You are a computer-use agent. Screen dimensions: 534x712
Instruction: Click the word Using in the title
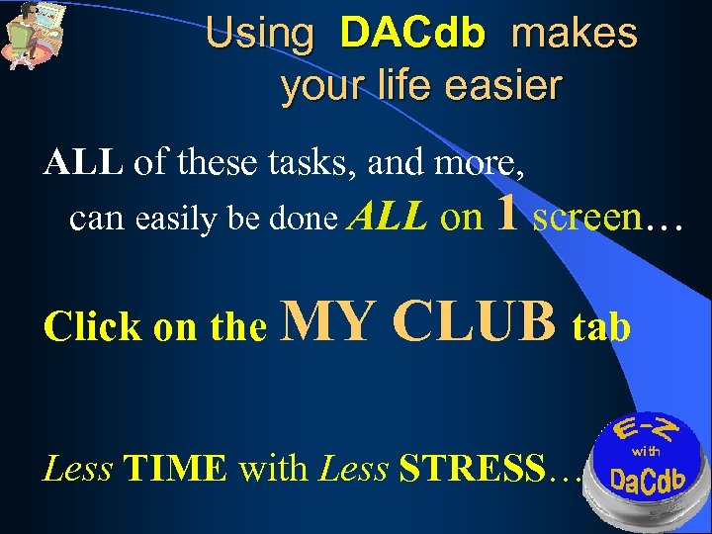point(259,35)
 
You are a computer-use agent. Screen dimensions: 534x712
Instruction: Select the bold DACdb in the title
point(412,35)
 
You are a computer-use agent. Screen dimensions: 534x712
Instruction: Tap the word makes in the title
point(574,35)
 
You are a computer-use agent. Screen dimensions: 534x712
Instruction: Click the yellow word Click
point(92,327)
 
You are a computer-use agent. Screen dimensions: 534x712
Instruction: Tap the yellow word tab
point(601,326)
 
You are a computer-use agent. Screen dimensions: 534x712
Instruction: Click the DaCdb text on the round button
point(647,483)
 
